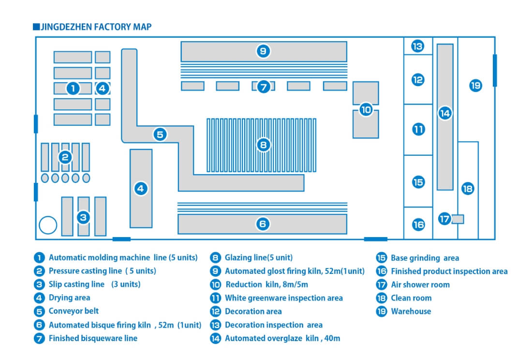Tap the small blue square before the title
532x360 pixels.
36,27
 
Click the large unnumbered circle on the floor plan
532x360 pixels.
48,225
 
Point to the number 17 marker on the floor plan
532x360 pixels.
444,219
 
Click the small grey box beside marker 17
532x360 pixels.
458,219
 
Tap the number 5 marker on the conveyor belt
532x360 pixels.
160,135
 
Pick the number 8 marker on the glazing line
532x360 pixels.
263,144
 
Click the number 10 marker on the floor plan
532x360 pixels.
366,110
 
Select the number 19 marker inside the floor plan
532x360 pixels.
475,86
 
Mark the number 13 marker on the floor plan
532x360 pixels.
418,46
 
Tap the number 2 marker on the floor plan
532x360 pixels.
65,157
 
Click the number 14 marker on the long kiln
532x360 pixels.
444,113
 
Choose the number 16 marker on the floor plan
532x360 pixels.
418,225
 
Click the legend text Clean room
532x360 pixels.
411,298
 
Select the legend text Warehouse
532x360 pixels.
411,312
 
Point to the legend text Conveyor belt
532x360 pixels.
74,311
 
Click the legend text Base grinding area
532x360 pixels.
425,258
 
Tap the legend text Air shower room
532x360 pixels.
420,285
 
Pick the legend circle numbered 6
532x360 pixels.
39,325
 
